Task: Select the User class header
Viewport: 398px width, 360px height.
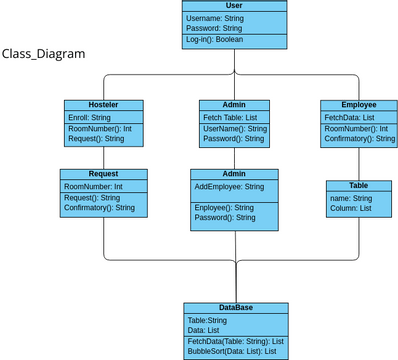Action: pyautogui.click(x=234, y=6)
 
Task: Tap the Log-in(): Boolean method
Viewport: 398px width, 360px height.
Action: pyautogui.click(x=214, y=40)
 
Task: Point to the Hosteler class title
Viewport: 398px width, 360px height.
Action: pyautogui.click(x=103, y=105)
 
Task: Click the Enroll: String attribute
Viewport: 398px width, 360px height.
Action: pyautogui.click(x=89, y=118)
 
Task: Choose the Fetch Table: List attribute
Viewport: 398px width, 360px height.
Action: pyautogui.click(x=229, y=118)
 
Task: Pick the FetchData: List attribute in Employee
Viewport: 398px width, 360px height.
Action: pyautogui.click(x=349, y=118)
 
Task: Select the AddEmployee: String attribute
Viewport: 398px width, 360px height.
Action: pyautogui.click(x=229, y=187)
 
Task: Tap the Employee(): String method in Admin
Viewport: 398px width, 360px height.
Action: pyautogui.click(x=224, y=208)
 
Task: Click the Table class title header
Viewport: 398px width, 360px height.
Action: pyautogui.click(x=358, y=185)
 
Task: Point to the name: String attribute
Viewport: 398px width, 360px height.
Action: pyautogui.click(x=350, y=199)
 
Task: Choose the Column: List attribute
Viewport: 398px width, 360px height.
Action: pyautogui.click(x=349, y=208)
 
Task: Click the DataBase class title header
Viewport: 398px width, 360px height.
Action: pyautogui.click(x=236, y=308)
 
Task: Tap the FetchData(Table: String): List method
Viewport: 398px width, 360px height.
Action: pyautogui.click(x=235, y=341)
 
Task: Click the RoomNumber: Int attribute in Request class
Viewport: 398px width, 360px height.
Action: pyautogui.click(x=93, y=187)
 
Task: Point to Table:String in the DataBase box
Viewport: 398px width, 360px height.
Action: pyautogui.click(x=208, y=320)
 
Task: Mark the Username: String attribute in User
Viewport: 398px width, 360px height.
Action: pyautogui.click(x=215, y=18)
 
